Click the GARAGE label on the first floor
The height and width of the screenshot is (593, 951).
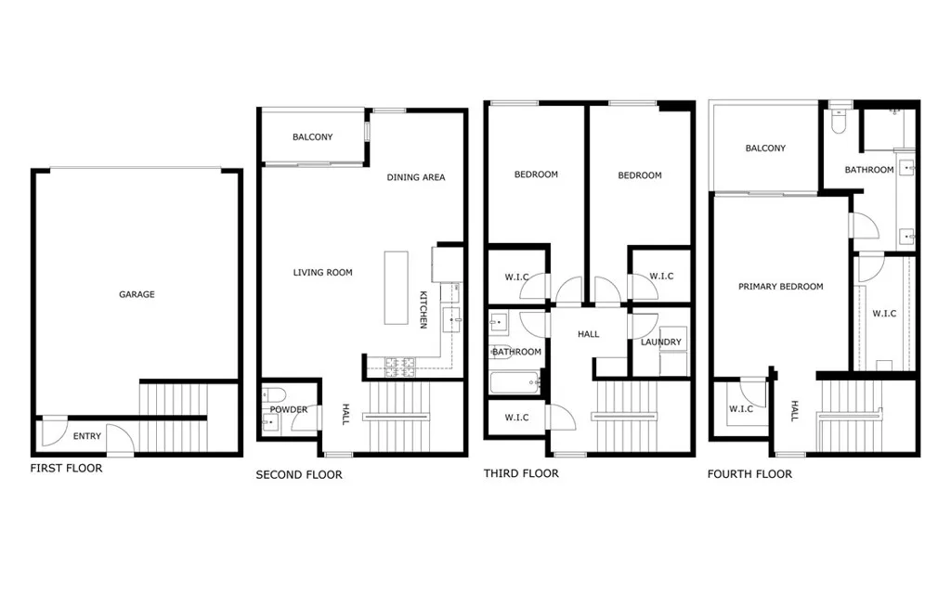click(137, 294)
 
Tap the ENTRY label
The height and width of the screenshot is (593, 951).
click(86, 436)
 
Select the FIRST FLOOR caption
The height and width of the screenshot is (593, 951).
click(66, 469)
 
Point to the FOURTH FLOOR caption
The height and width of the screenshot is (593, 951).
click(749, 474)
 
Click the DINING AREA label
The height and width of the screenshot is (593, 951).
click(415, 177)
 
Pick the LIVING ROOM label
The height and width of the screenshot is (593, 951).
click(322, 273)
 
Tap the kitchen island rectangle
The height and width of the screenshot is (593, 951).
click(397, 287)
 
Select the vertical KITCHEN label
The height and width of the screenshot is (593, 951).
click(423, 309)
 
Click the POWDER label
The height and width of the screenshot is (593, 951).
click(289, 409)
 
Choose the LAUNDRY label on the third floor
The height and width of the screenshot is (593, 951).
click(660, 342)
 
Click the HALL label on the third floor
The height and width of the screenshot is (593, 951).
click(588, 334)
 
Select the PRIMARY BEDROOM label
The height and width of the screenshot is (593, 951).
click(780, 287)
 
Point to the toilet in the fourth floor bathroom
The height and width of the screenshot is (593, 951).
click(840, 122)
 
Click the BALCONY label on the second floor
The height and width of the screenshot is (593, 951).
click(312, 137)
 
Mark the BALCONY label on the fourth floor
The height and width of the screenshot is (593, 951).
click(765, 148)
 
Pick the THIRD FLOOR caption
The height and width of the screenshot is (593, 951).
click(521, 473)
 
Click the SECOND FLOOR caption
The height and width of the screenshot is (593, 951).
click(299, 475)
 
